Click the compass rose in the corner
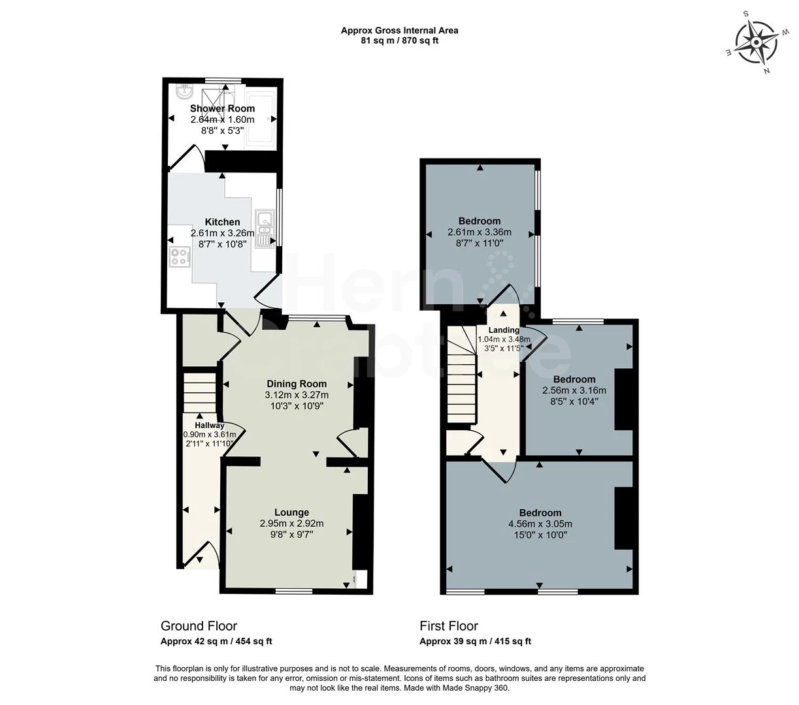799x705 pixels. pyautogui.click(x=755, y=42)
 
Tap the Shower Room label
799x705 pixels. pyautogui.click(x=222, y=108)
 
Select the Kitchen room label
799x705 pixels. pyautogui.click(x=222, y=222)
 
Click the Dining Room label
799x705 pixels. pyautogui.click(x=297, y=384)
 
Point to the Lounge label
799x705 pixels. pyautogui.click(x=292, y=512)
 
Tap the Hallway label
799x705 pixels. pyautogui.click(x=210, y=425)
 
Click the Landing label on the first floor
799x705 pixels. pyautogui.click(x=504, y=330)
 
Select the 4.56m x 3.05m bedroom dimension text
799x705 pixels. pyautogui.click(x=540, y=524)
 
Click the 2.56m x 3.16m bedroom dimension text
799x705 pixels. pyautogui.click(x=574, y=390)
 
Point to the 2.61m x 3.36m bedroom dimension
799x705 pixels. pyautogui.click(x=480, y=232)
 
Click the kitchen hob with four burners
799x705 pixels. pyautogui.click(x=180, y=256)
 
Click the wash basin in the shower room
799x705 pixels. pyautogui.click(x=185, y=91)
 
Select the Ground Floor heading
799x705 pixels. pyautogui.click(x=199, y=626)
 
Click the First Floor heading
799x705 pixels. pyautogui.click(x=449, y=626)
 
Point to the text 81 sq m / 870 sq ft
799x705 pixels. pyautogui.click(x=400, y=40)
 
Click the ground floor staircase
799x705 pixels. pyautogui.click(x=199, y=392)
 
